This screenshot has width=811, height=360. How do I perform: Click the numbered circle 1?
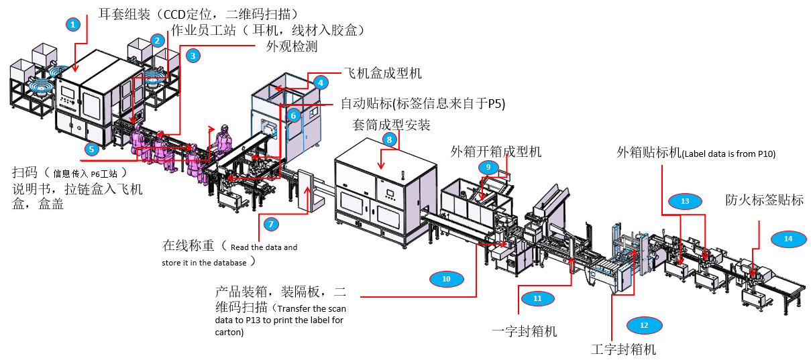pos(74,24)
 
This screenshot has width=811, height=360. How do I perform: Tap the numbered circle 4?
pos(321,82)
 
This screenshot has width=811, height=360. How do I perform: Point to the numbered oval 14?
pos(788,238)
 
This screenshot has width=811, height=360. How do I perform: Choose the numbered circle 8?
pos(388,139)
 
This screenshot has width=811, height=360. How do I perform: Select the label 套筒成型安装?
pos(391,125)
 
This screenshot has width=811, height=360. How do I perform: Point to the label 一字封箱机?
pos(524,332)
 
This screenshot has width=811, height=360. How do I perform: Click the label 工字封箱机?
pos(623,349)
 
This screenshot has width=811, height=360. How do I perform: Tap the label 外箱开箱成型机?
pos(496,152)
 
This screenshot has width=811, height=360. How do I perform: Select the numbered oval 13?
pos(685,200)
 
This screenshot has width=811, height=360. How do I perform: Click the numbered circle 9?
pos(488,166)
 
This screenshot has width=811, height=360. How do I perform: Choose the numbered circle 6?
pos(292,115)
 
